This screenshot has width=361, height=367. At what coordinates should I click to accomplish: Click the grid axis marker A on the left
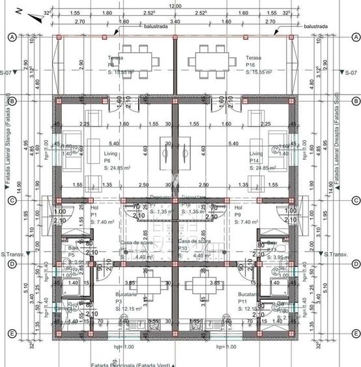[x=11, y=38]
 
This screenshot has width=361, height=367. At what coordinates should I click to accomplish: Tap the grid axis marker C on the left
[x=11, y=201]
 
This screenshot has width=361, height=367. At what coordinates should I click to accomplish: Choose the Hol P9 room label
[x=240, y=214]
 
